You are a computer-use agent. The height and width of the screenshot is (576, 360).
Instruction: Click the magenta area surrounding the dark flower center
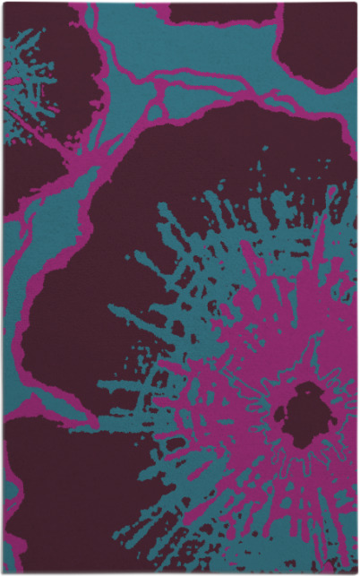[x=269, y=376]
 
